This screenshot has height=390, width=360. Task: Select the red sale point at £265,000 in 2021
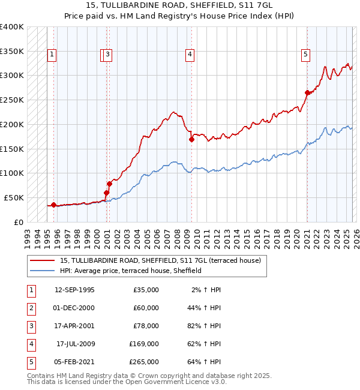(307, 92)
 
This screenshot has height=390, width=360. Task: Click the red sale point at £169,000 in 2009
(191, 139)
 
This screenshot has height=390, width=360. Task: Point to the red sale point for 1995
(54, 205)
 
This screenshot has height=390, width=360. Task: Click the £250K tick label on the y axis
(11, 100)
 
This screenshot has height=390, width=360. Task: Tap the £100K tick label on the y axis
(11, 173)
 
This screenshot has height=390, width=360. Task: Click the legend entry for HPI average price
(130, 271)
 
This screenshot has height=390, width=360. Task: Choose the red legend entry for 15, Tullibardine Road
(160, 260)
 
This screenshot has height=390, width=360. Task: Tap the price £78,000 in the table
(145, 326)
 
